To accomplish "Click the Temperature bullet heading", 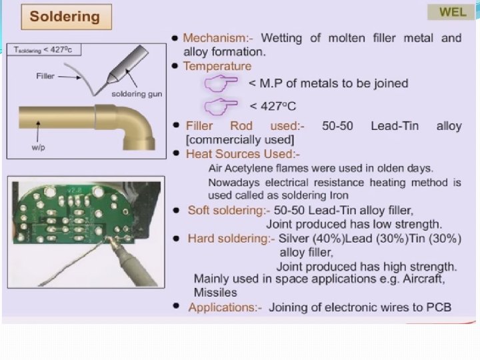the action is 217,66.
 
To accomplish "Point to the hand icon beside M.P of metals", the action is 220,83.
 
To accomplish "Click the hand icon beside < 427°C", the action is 220,105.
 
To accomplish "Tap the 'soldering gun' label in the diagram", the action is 136,94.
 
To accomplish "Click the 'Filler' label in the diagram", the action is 45,76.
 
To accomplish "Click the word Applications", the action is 225,307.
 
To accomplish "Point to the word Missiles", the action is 215,293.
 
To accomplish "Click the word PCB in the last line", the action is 439,307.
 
